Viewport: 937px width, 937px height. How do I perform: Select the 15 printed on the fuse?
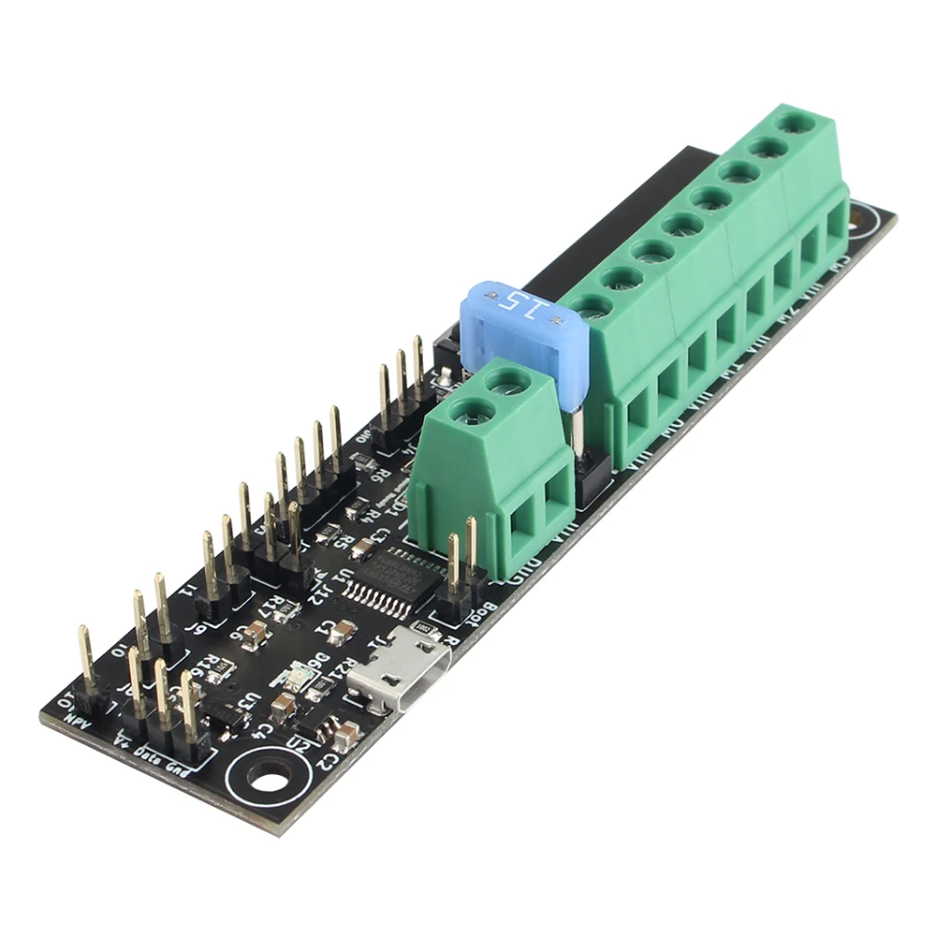pos(514,301)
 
